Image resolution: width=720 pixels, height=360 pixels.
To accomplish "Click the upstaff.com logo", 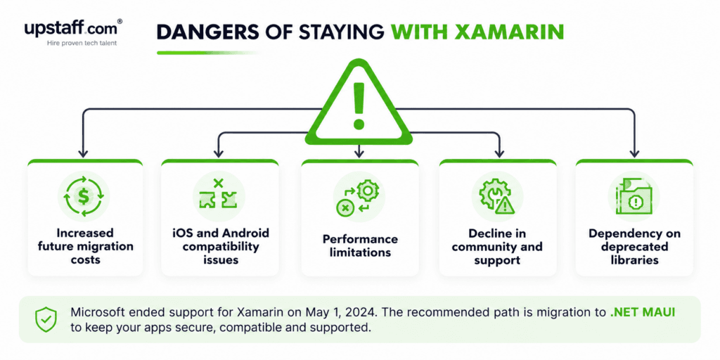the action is pyautogui.click(x=73, y=32).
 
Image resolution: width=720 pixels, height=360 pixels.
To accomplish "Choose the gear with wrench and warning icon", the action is pyautogui.click(x=497, y=197).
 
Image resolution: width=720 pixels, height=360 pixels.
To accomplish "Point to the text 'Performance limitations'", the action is pyautogui.click(x=359, y=245).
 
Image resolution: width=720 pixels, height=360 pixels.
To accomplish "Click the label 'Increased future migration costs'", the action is pyautogui.click(x=85, y=246).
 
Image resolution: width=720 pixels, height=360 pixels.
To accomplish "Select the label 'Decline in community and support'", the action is pyautogui.click(x=498, y=246).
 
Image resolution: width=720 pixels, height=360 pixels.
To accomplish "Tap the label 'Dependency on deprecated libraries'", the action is pyautogui.click(x=634, y=246).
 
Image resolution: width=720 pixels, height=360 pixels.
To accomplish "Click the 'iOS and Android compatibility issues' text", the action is pyautogui.click(x=220, y=246).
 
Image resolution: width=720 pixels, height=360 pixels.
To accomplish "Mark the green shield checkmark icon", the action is pyautogui.click(x=46, y=319).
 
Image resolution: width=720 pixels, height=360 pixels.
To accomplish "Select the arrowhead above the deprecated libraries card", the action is pyautogui.click(x=634, y=154).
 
